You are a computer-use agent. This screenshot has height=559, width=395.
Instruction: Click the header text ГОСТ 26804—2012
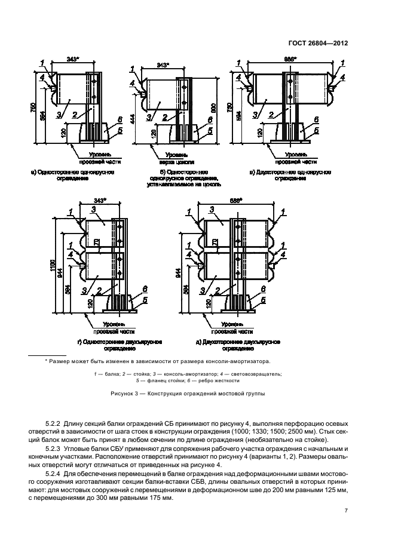click(x=319, y=43)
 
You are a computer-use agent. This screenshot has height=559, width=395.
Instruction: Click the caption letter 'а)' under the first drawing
click(x=33, y=172)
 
